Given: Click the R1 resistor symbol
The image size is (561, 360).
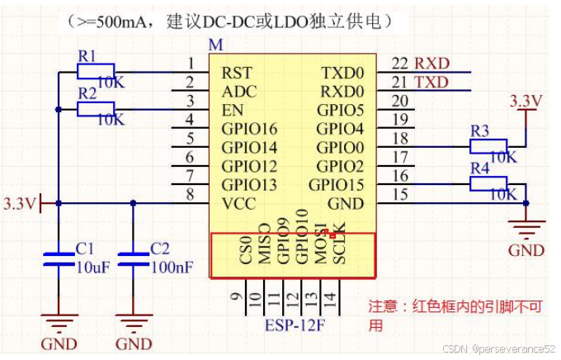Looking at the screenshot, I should [95, 72].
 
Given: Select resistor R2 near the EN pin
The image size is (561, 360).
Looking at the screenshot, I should [95, 108].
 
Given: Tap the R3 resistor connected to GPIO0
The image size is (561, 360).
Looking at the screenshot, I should [488, 145].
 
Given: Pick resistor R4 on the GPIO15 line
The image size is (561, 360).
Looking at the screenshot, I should [488, 182].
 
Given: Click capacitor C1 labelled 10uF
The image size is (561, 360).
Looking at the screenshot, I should [58, 258].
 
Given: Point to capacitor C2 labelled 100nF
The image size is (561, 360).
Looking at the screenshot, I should [133, 258].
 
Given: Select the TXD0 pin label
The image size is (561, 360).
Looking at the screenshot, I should [342, 73].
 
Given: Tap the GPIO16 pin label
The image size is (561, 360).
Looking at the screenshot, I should [249, 129].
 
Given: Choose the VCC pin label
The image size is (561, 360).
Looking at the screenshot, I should [238, 203].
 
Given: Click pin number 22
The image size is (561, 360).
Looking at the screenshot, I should [400, 64].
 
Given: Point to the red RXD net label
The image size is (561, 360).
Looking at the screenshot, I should [431, 64].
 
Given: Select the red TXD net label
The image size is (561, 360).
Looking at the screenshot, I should [431, 83].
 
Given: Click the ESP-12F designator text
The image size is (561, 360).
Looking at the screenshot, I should [295, 324].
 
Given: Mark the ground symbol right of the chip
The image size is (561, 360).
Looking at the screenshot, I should [526, 225].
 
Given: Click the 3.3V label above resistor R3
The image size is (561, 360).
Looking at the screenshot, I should [526, 101].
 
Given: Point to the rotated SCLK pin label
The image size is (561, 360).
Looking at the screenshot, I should [339, 246].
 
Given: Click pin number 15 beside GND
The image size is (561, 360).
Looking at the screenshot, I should [400, 194].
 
